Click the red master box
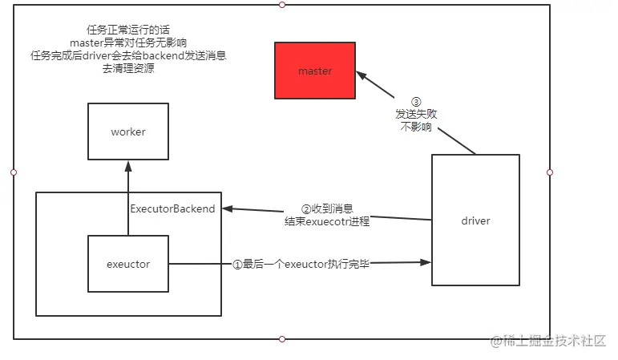(315, 71)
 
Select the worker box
(128, 131)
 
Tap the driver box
(475, 220)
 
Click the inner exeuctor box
(128, 264)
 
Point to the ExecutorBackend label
(172, 209)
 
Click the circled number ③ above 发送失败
(415, 103)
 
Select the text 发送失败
(415, 115)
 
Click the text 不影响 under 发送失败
(415, 127)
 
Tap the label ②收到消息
(326, 208)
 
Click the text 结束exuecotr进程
(327, 221)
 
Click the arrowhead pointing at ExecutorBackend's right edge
(228, 209)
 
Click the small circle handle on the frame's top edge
(281, 5)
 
